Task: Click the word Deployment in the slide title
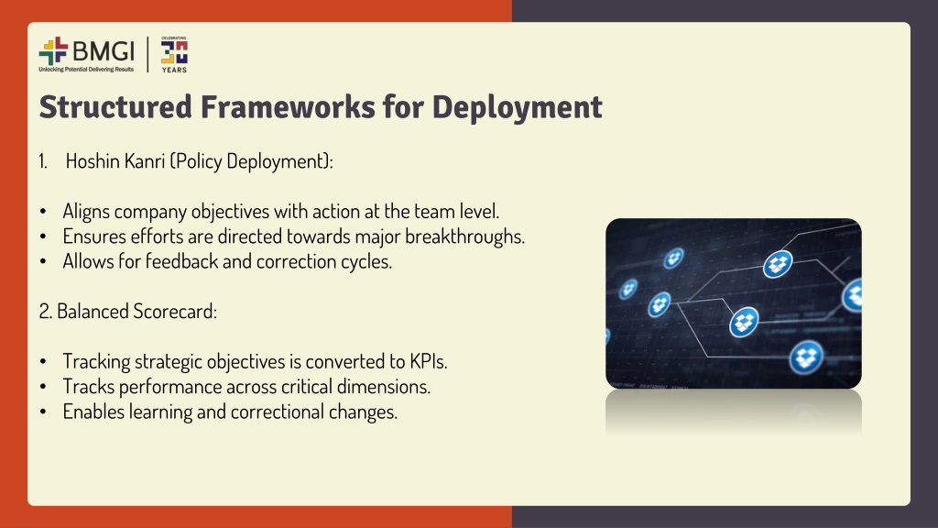(x=517, y=108)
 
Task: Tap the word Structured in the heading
(x=115, y=106)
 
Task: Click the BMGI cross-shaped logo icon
(x=53, y=51)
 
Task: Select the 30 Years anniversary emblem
(x=174, y=54)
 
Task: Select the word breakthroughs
(x=464, y=236)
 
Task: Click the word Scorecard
(x=175, y=312)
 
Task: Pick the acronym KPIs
(x=429, y=361)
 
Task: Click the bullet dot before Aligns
(x=43, y=212)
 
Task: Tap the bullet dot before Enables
(x=43, y=412)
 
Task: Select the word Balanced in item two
(x=93, y=312)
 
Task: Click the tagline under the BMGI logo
(x=86, y=70)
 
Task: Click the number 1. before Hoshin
(x=43, y=161)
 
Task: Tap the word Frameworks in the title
(x=287, y=106)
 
